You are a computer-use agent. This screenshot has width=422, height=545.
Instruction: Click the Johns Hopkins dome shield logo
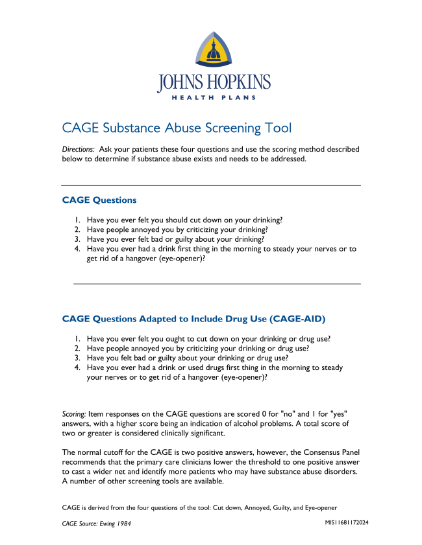(x=214, y=51)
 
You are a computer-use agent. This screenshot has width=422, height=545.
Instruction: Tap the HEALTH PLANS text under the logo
(x=214, y=98)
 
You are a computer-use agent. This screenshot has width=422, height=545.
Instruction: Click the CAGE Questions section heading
(x=99, y=200)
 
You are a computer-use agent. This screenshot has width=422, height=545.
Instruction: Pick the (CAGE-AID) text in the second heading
(x=293, y=319)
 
